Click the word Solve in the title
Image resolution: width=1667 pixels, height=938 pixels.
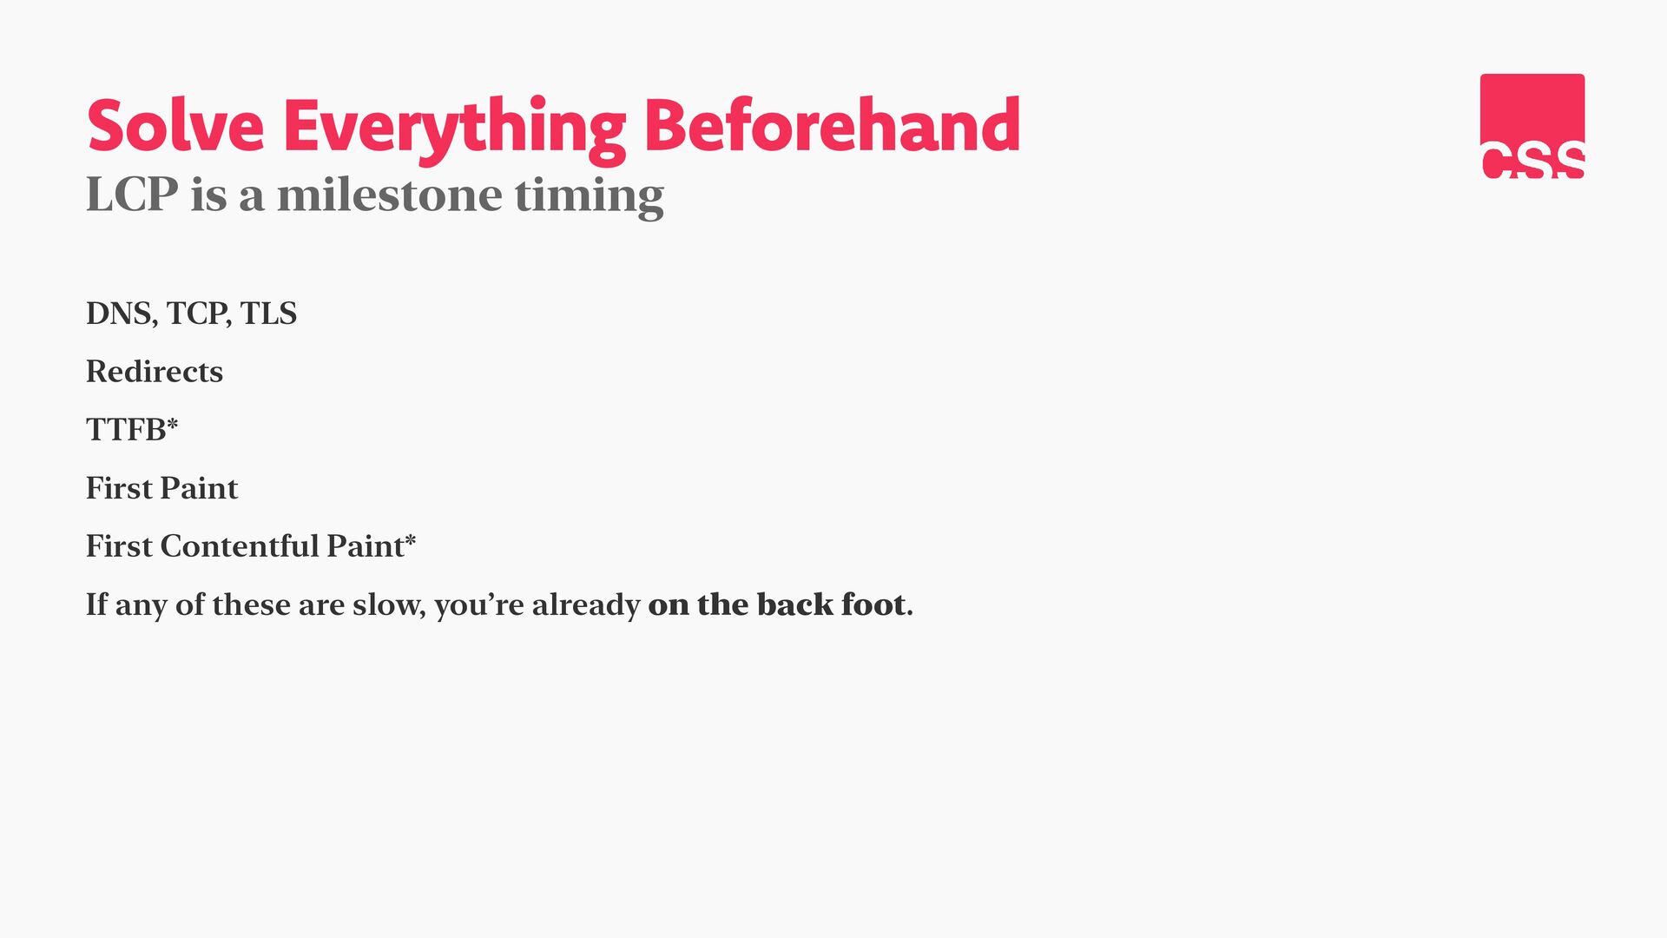(x=175, y=126)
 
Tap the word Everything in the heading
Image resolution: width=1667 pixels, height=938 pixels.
(x=455, y=130)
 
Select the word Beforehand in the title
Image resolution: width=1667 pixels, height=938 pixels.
(x=832, y=125)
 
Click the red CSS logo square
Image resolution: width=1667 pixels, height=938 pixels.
(x=1532, y=126)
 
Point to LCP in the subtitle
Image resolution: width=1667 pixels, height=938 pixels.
(x=132, y=195)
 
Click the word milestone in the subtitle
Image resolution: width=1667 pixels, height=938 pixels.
(x=389, y=195)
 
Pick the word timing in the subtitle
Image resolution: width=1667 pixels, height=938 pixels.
(x=590, y=197)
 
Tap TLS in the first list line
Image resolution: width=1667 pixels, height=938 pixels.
(x=268, y=314)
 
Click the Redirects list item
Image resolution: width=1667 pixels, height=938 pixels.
(x=155, y=372)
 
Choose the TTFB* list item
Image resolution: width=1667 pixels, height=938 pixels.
(x=132, y=429)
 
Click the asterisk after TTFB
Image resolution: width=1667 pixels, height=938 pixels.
(x=172, y=423)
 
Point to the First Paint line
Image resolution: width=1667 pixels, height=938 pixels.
(x=161, y=488)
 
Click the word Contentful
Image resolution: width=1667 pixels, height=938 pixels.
(x=240, y=546)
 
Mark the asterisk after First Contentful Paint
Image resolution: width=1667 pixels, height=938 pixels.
(x=410, y=539)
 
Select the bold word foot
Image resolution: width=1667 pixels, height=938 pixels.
(x=874, y=604)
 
